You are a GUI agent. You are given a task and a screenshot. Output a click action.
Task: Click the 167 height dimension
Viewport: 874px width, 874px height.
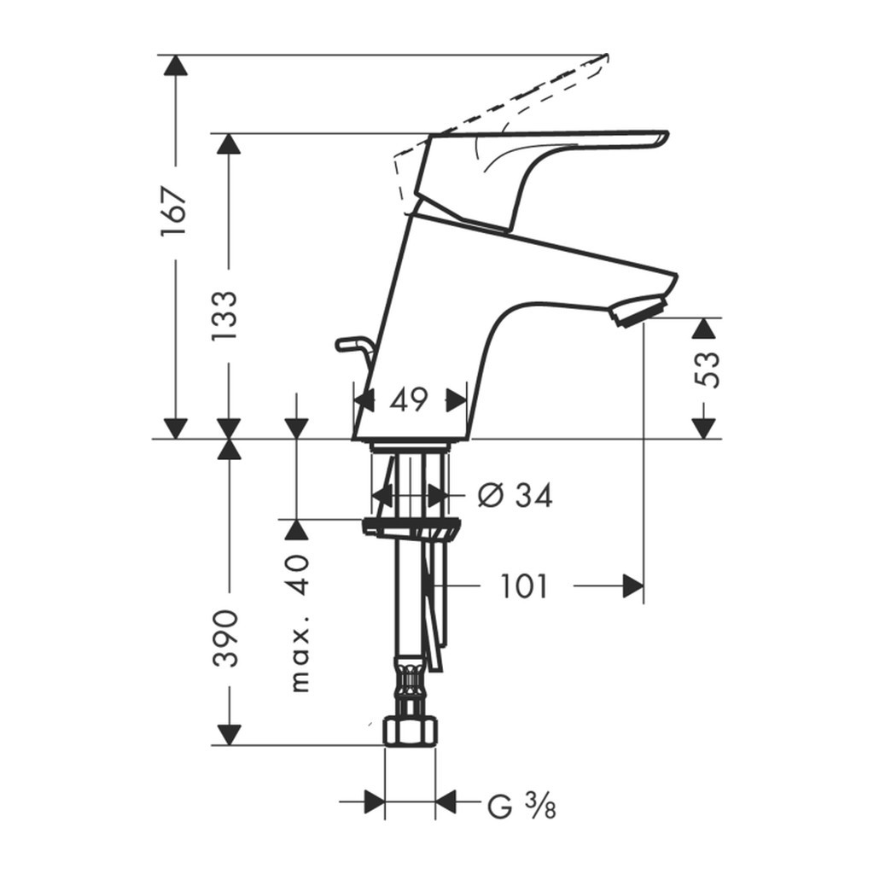pyautogui.click(x=172, y=213)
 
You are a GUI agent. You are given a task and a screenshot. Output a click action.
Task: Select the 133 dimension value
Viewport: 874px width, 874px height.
pyautogui.click(x=224, y=316)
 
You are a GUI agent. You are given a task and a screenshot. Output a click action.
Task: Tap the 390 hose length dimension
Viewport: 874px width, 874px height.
pyautogui.click(x=226, y=638)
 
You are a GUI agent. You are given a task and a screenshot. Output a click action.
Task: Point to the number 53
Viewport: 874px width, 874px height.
pyautogui.click(x=708, y=370)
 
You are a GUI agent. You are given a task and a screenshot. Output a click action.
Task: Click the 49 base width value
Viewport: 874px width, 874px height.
pyautogui.click(x=409, y=399)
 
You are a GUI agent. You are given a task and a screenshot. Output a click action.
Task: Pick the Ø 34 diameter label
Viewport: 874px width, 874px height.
pyautogui.click(x=515, y=495)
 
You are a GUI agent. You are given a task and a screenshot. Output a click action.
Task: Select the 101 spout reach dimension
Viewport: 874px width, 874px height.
pyautogui.click(x=524, y=586)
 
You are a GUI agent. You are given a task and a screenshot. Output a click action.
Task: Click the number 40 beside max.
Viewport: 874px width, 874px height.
pyautogui.click(x=300, y=575)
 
